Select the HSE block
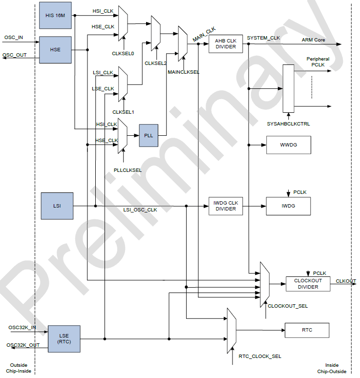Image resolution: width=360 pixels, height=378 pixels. coord(55,49)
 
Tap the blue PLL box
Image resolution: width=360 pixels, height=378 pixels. coord(149,135)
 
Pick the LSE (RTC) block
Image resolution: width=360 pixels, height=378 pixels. coord(64,338)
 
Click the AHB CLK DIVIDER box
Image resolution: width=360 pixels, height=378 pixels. coord(226,44)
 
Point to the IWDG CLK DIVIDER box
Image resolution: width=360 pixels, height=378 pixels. coord(226,206)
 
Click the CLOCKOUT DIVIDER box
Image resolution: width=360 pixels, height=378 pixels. coord(308,284)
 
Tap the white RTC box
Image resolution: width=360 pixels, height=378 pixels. coord(307,330)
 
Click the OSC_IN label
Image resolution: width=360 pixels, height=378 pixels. coord(14,37)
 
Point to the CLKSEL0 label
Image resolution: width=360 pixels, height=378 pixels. coord(123,53)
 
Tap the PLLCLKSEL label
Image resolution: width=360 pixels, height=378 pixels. coord(127,170)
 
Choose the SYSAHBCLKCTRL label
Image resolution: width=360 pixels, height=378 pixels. coord(288,124)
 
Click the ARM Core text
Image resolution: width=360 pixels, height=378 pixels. coord(313,40)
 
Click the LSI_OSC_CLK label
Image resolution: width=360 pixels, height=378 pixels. coord(140,210)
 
